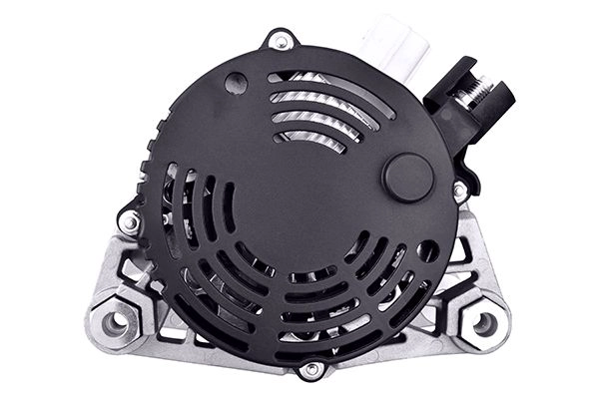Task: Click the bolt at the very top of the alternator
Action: tap(281, 42)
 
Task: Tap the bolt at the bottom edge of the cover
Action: tap(311, 369)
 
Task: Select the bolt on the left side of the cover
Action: tap(129, 221)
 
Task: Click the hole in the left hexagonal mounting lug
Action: tap(118, 321)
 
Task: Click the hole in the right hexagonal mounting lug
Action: tap(484, 322)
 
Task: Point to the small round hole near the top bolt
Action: tap(236, 84)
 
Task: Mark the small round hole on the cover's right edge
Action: tap(427, 250)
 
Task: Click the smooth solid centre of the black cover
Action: tap(299, 199)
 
